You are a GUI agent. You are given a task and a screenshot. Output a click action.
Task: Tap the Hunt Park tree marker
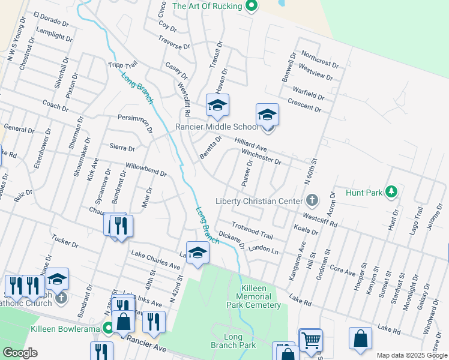(391, 191)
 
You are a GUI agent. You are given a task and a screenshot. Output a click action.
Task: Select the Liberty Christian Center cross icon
(312, 200)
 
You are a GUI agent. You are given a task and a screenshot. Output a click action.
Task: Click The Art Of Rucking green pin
(252, 6)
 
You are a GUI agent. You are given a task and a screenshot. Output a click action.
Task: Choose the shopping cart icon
(311, 340)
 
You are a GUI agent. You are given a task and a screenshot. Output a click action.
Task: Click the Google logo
(20, 353)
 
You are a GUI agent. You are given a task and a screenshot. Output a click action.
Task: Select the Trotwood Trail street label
(252, 232)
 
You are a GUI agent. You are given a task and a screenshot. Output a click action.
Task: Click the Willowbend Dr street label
(146, 170)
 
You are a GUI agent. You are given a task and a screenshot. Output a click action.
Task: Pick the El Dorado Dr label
(51, 19)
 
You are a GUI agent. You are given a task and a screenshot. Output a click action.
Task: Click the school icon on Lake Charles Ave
(197, 253)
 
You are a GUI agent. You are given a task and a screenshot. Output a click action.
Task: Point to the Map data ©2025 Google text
(411, 355)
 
